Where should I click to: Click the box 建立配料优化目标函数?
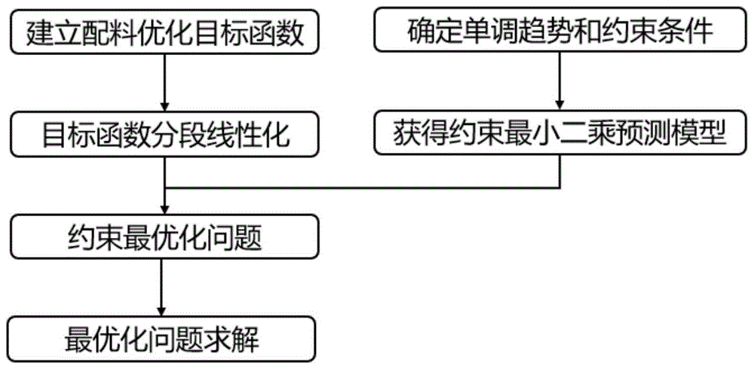pyautogui.click(x=164, y=32)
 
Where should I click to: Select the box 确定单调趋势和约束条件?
pyautogui.click(x=558, y=32)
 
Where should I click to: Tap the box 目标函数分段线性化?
pyautogui.click(x=164, y=133)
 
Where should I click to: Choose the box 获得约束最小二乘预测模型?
pyautogui.click(x=558, y=133)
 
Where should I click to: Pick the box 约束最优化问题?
pyautogui.click(x=164, y=236)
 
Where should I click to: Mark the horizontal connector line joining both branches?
pyautogui.click(x=362, y=188)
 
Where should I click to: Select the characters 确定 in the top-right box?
pyautogui.click(x=429, y=32)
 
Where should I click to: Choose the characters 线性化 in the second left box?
pyautogui.click(x=245, y=133)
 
